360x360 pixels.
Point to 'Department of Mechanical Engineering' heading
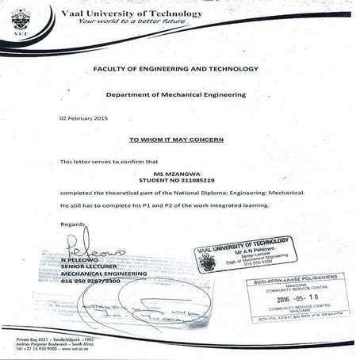[x=176, y=94]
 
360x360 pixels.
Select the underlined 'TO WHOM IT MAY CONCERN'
[x=176, y=139]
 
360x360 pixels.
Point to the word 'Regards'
[x=71, y=224]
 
